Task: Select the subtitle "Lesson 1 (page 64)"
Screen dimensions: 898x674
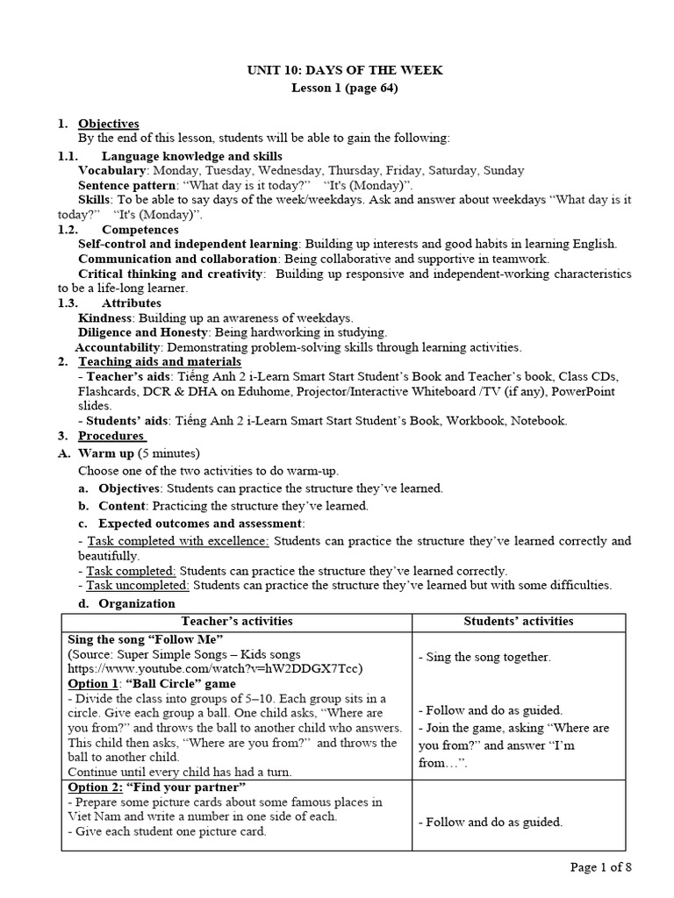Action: tap(338, 88)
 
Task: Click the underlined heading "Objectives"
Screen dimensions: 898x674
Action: tap(109, 124)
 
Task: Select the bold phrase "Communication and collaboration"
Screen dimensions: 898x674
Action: tap(178, 259)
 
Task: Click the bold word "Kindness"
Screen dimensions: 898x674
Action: tap(105, 317)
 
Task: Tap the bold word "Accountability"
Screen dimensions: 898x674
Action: tap(118, 347)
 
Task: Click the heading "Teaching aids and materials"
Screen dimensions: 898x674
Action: tap(160, 361)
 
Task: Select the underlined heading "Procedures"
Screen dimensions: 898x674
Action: tap(111, 436)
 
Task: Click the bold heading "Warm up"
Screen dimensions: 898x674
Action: tap(106, 453)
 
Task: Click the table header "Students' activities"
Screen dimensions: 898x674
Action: tap(519, 621)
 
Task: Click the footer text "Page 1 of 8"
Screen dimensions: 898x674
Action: tap(601, 867)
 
